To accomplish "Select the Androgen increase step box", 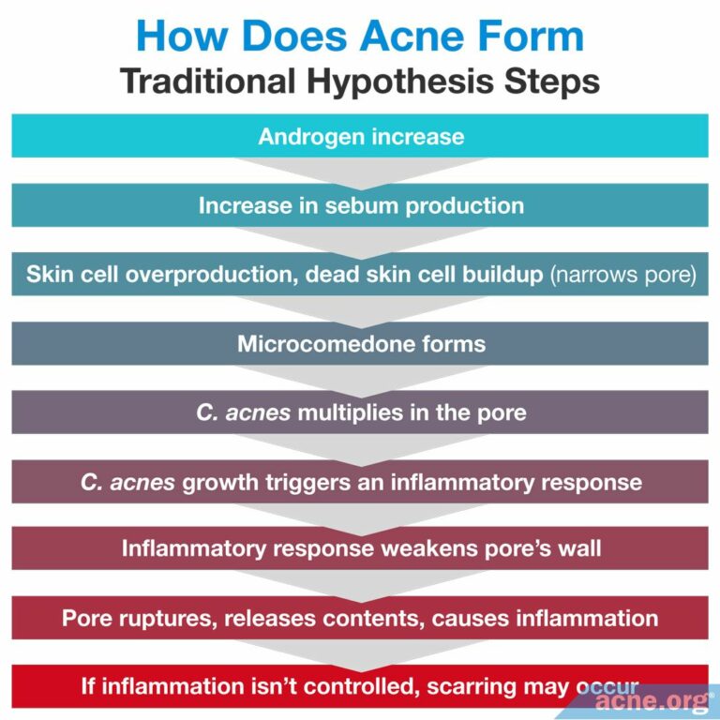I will (360, 137).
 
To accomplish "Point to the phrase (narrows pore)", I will (622, 275).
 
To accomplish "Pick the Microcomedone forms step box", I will (360, 343).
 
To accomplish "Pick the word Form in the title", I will (532, 37).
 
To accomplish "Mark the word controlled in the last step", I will (354, 687).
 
